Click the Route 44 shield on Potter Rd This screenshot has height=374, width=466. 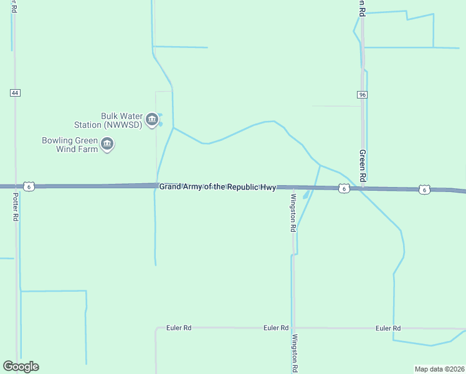[16, 93]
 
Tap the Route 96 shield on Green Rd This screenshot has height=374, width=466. [362, 95]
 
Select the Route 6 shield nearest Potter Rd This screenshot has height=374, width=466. [29, 186]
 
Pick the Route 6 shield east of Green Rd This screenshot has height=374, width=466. [424, 189]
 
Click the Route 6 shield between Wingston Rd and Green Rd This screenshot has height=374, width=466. [343, 188]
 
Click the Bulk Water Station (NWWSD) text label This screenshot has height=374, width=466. [121, 120]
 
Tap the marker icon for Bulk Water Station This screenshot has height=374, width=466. [151, 120]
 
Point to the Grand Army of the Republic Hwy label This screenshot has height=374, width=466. [217, 187]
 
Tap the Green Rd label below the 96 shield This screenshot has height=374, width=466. [361, 165]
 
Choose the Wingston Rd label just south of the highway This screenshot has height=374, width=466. [292, 213]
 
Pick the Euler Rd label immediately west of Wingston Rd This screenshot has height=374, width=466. [275, 328]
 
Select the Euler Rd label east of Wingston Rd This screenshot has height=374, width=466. [388, 328]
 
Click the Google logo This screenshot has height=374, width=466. [21, 367]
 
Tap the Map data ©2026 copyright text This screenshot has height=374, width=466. [439, 369]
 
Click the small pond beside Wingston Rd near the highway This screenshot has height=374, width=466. [306, 195]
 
